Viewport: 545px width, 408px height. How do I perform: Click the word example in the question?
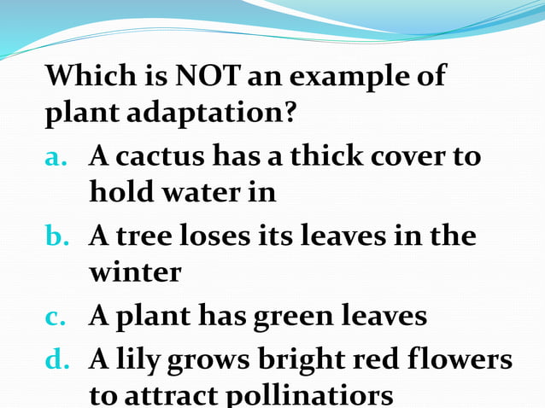coord(348,77)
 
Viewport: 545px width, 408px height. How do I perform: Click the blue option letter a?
coord(57,157)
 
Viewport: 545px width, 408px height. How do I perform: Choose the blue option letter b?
coord(58,236)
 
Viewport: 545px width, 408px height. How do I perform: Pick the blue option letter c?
coord(56,317)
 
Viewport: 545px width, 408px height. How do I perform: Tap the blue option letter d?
coord(58,360)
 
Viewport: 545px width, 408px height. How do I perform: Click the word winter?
coord(135,272)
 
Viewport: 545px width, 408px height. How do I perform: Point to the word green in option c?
coord(291,317)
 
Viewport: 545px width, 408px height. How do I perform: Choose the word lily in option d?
coord(137,360)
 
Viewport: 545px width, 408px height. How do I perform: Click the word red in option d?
coord(385,360)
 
